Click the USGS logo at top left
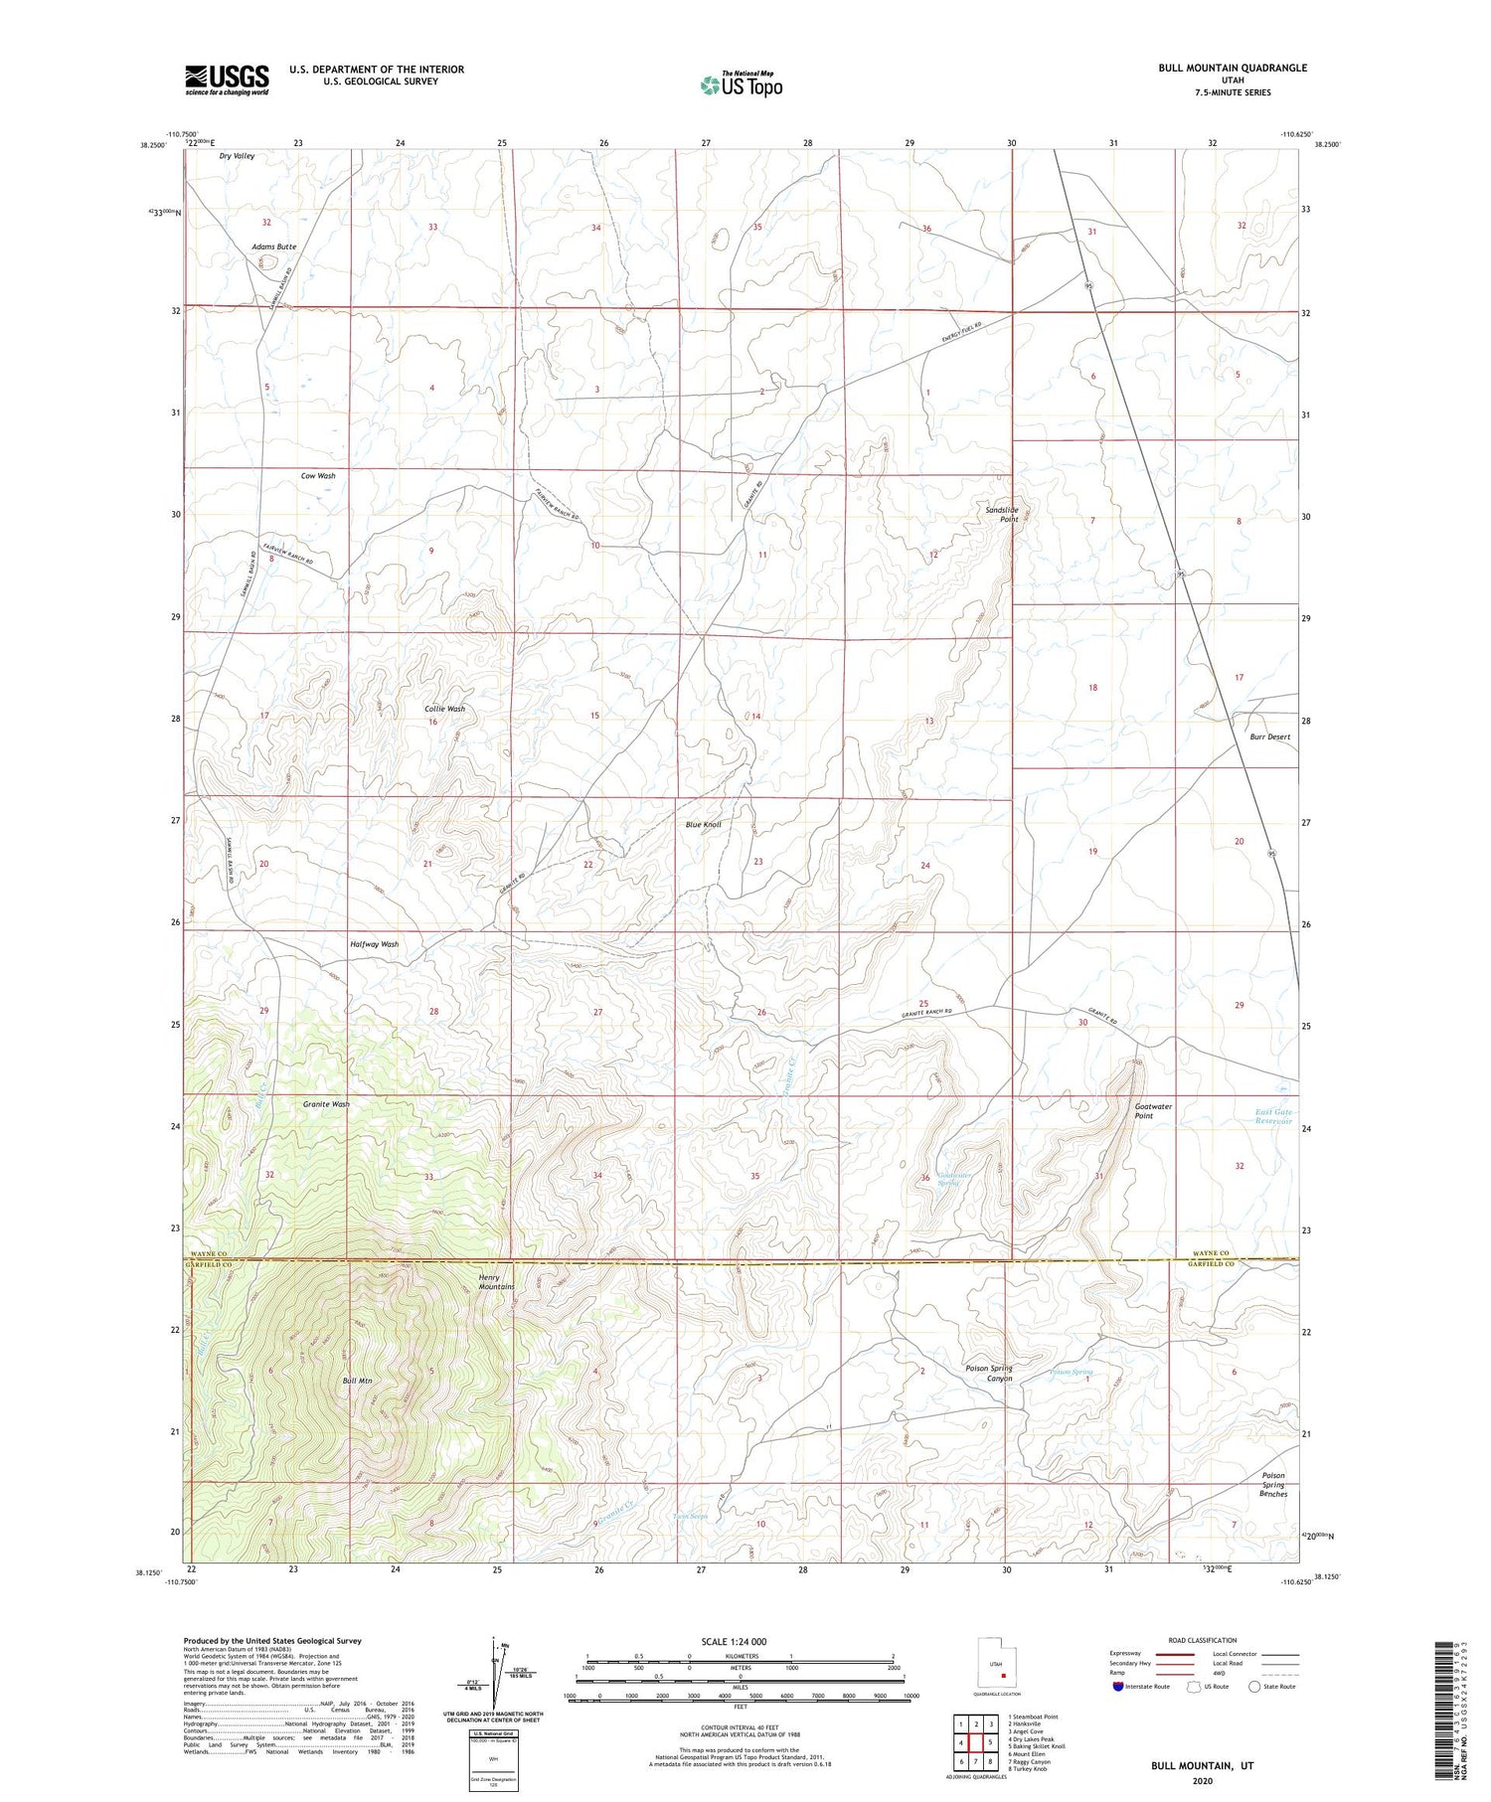227,80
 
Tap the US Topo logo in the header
742,84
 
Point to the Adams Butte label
273,246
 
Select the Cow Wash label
318,476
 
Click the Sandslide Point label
1002,514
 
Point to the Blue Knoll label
703,825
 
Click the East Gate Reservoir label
1272,1116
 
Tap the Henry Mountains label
496,1282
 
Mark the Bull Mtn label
357,1381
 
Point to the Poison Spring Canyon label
988,1373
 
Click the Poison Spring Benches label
1272,1485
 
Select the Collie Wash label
444,709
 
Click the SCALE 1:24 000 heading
740,1642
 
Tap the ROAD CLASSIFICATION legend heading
1203,1640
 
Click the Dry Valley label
237,156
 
